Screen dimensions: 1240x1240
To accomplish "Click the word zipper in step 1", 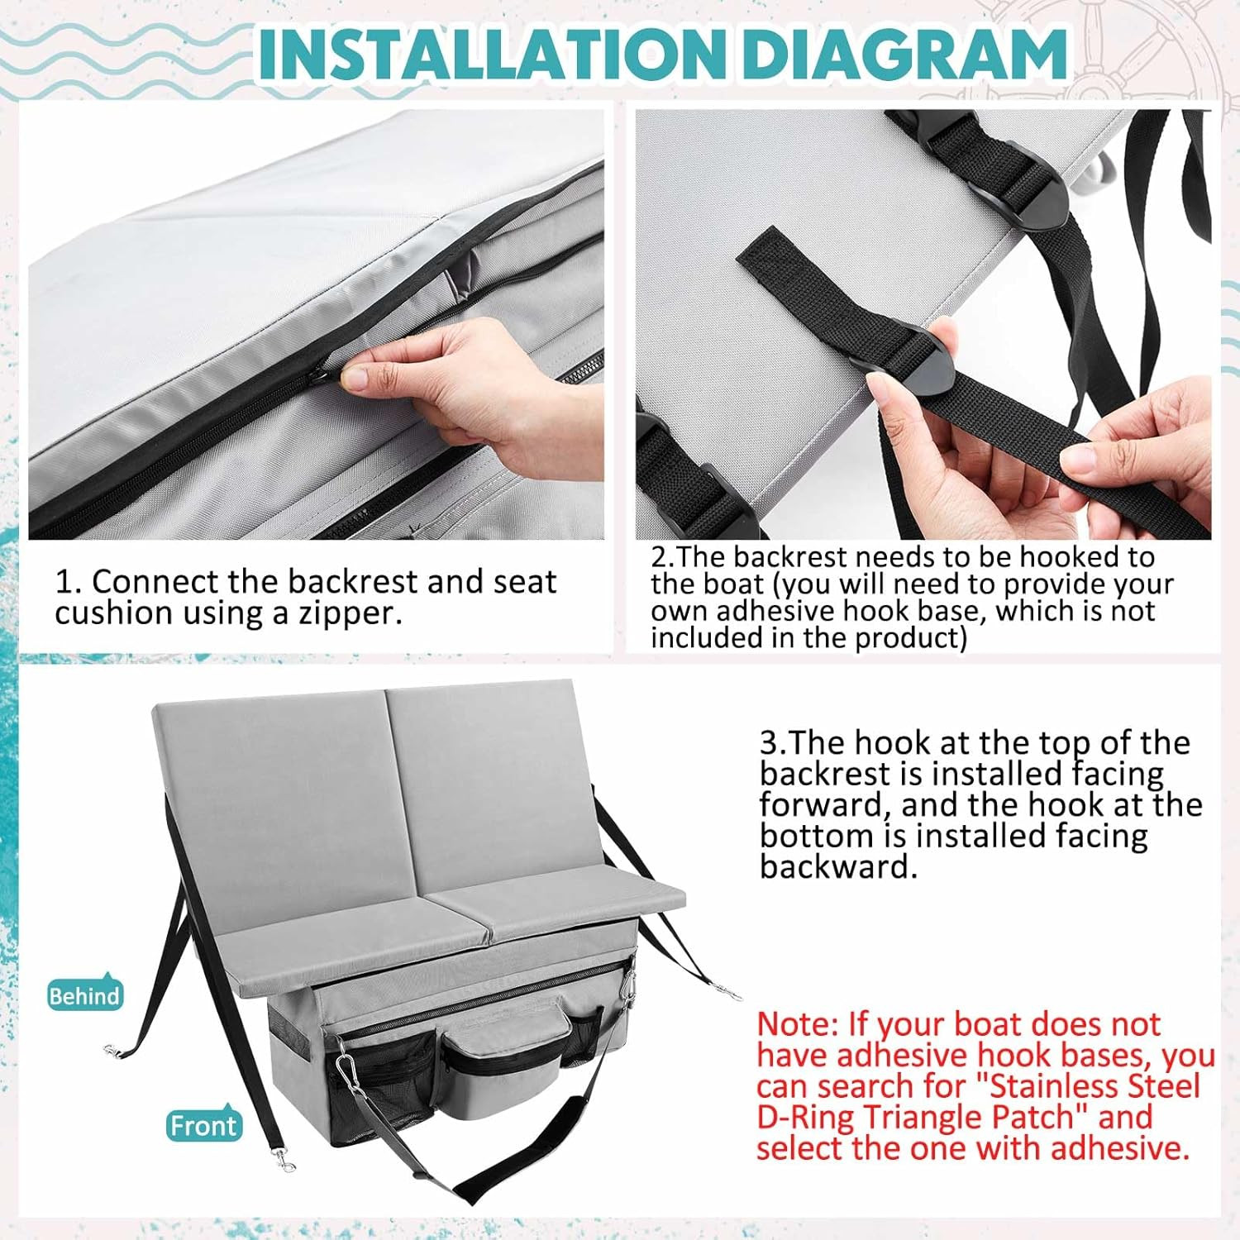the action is click(348, 614).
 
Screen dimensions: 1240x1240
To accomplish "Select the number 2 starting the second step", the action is click(658, 557).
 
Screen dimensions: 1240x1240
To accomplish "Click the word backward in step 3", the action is click(838, 866).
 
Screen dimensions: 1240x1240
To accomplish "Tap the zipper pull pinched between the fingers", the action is click(324, 379).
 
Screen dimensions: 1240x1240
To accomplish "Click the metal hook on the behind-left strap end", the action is click(113, 1051).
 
